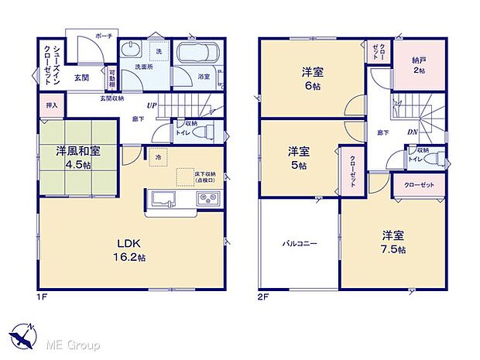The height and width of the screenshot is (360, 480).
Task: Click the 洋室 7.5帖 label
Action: click(392, 242)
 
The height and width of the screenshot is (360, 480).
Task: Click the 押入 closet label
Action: click(51, 105)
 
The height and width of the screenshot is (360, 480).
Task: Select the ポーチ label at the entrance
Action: click(104, 36)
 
